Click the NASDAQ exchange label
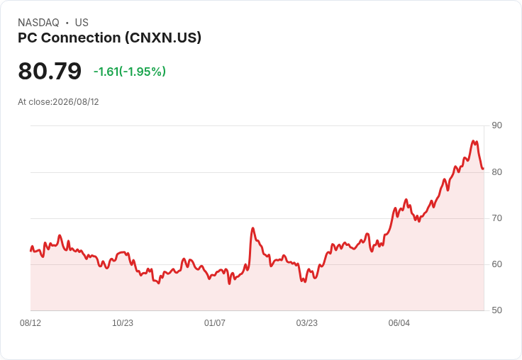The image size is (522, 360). (38, 23)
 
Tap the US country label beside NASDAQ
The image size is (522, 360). (82, 23)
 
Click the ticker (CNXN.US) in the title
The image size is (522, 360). (163, 38)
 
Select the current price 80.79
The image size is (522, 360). (50, 71)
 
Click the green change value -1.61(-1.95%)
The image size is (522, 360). (130, 72)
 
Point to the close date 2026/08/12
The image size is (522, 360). (76, 102)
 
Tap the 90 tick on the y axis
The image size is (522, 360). (496, 125)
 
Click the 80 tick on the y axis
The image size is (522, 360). (496, 172)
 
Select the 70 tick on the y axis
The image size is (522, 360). (496, 218)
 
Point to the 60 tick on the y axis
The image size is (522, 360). (496, 264)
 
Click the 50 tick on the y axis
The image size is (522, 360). (496, 310)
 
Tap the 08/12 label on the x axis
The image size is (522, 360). (30, 322)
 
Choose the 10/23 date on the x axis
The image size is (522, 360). (123, 322)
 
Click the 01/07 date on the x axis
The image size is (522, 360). (215, 322)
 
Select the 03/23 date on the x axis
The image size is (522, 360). (307, 322)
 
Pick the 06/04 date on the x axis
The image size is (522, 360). (399, 322)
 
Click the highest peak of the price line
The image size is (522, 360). (473, 141)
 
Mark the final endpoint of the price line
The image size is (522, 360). (483, 169)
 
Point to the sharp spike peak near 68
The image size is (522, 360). (253, 228)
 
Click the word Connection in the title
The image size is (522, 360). (81, 38)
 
